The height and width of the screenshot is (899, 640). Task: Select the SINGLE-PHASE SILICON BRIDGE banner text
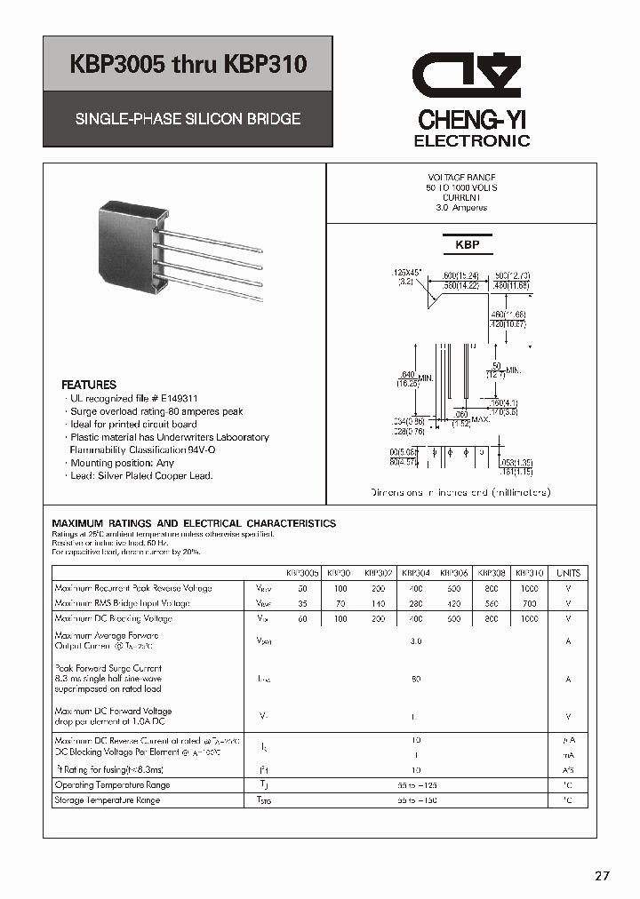pos(188,118)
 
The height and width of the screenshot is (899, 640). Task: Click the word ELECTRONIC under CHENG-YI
pos(472,140)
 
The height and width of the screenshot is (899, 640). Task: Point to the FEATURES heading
pos(88,386)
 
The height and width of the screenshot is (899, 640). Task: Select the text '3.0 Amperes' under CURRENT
pos(461,208)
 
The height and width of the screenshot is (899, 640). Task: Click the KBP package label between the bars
pos(468,244)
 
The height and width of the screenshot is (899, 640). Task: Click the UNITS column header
pos(568,574)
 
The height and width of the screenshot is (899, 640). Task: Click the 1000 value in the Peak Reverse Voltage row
pos(529,588)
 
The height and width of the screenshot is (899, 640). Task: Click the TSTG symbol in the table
pos(264,800)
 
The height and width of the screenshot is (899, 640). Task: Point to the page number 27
pos(603,876)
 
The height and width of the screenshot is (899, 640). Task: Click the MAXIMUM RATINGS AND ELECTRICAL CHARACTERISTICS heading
pos(194,524)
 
